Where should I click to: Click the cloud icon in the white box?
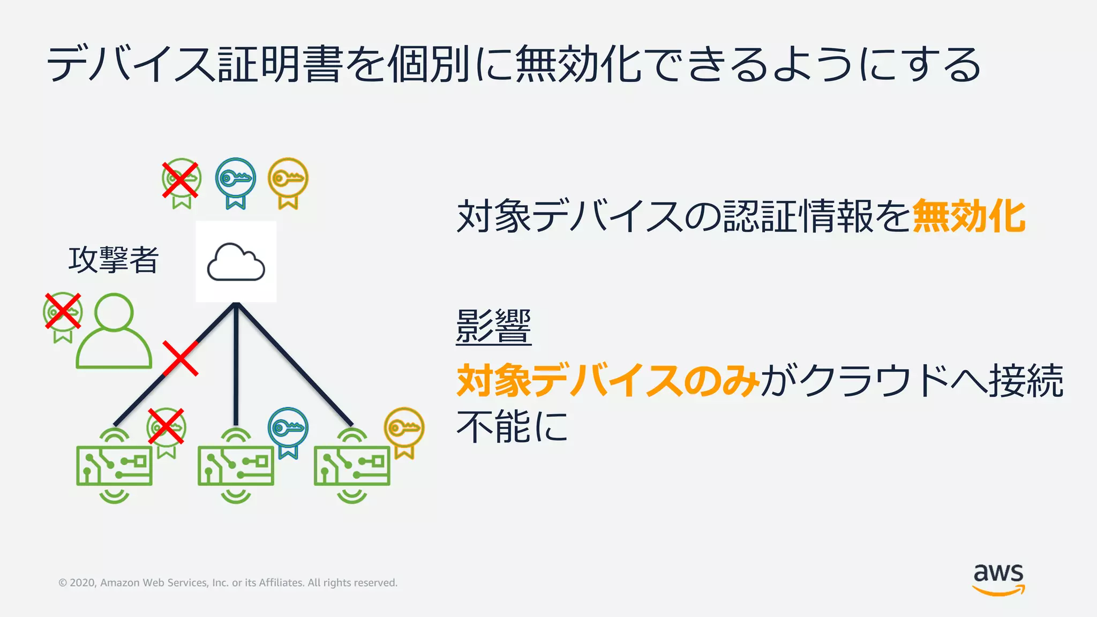(x=236, y=262)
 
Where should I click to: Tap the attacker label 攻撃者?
(x=113, y=260)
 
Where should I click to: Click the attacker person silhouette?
(x=114, y=332)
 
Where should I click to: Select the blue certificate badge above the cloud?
(x=235, y=182)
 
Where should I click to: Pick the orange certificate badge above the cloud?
(x=288, y=182)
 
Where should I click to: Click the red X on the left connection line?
(x=181, y=358)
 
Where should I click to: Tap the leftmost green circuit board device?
(x=114, y=465)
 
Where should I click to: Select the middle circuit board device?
(x=236, y=465)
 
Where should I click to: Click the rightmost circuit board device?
(x=352, y=465)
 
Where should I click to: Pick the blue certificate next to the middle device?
(x=288, y=431)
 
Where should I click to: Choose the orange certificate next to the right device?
(x=404, y=431)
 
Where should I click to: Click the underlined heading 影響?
(x=493, y=326)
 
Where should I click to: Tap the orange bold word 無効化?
(x=968, y=216)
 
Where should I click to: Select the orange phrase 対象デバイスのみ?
(x=607, y=381)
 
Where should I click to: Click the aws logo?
(x=998, y=578)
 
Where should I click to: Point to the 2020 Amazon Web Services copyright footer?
(x=228, y=583)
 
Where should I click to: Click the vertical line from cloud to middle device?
(x=236, y=375)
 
